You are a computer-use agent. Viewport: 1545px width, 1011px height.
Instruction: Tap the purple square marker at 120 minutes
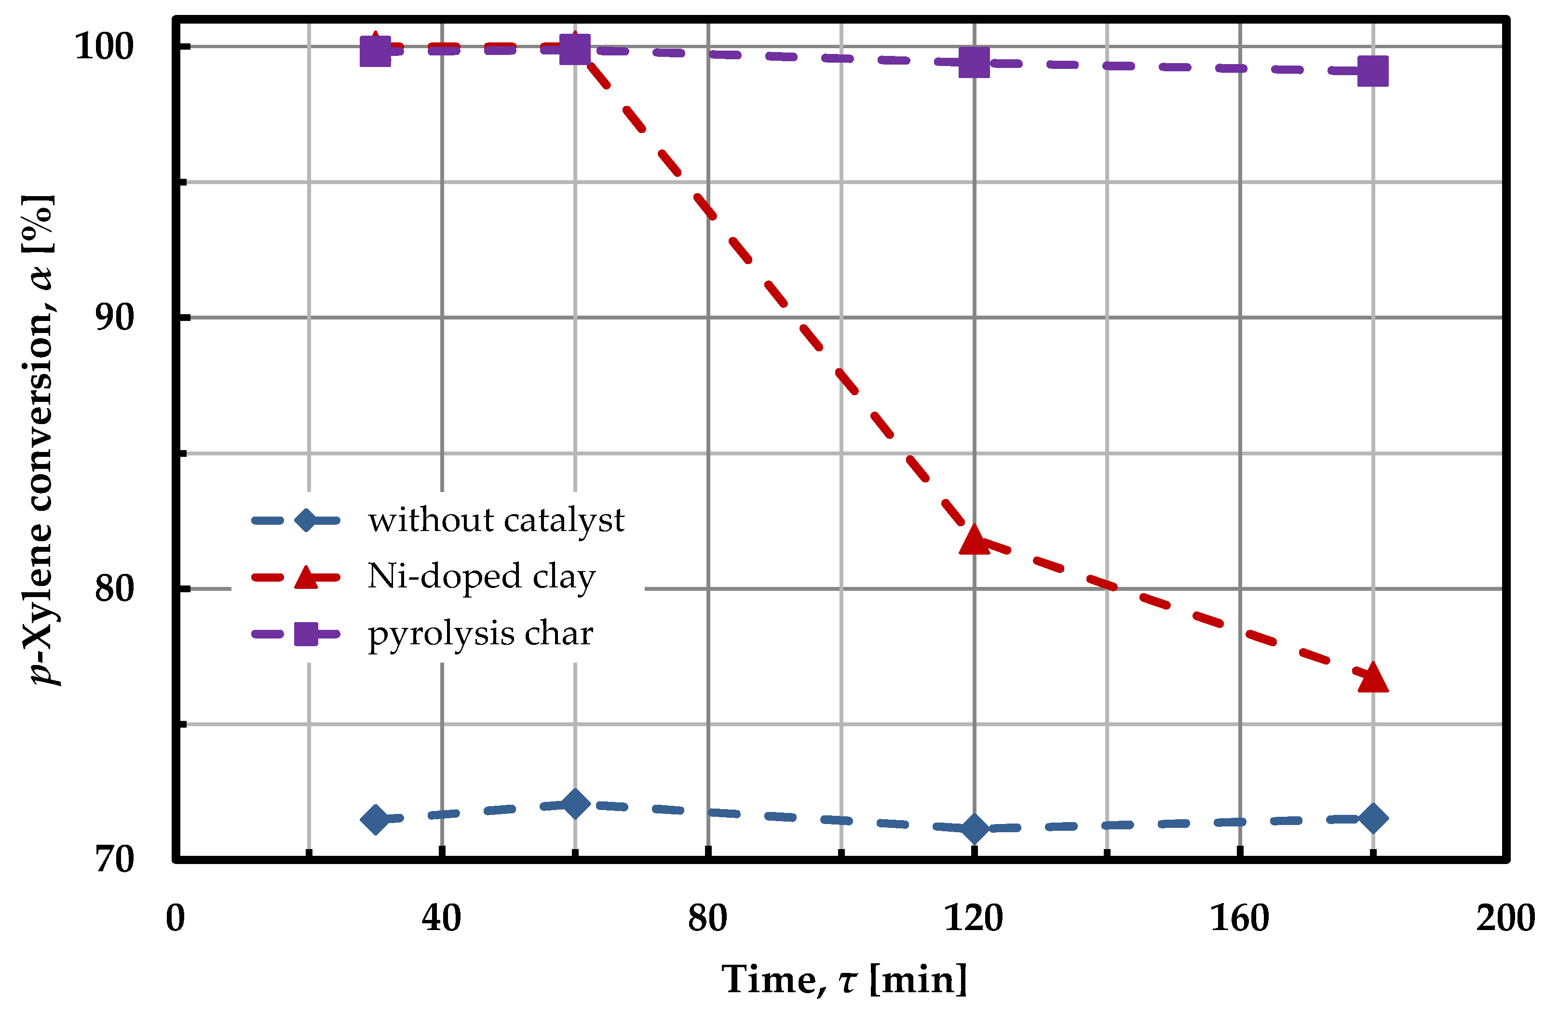coord(974,62)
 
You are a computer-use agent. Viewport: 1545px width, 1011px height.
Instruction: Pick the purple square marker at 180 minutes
coord(1372,71)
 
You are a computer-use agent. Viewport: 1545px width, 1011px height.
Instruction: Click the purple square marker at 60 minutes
coord(574,49)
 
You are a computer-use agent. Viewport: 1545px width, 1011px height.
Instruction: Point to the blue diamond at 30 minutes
coord(375,820)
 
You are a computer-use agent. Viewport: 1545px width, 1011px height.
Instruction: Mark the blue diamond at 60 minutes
coord(574,804)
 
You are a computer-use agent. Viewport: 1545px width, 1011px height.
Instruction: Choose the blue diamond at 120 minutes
coord(974,828)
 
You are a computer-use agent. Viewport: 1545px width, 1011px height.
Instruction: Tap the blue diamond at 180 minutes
coord(1372,818)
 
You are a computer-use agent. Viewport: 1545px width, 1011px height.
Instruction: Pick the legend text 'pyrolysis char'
coord(480,633)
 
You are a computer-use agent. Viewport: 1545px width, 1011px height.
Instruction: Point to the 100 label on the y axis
coord(104,47)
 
